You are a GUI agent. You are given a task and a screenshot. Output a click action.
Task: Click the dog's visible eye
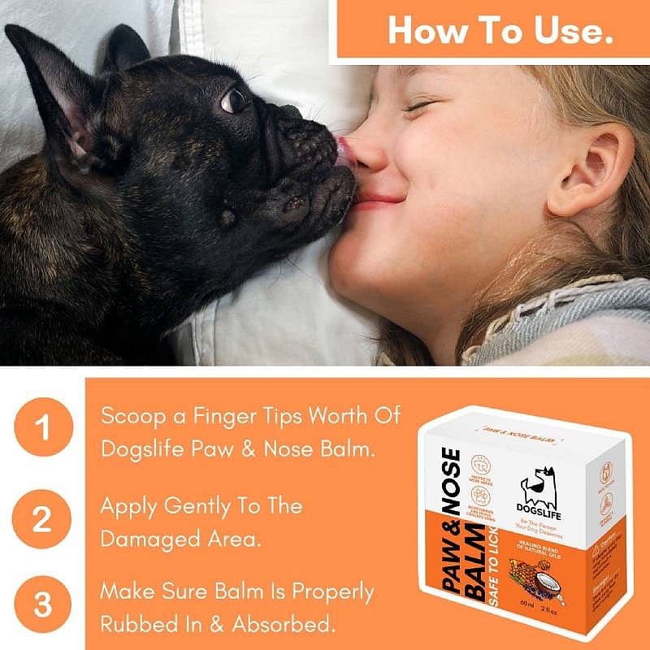[234, 101]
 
